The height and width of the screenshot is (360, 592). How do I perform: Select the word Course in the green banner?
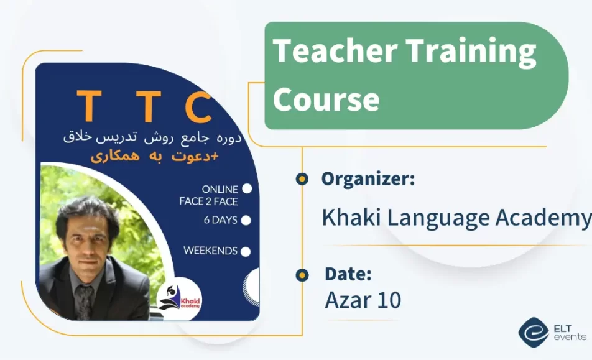pos(326,99)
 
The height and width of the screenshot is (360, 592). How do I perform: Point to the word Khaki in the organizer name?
pos(351,218)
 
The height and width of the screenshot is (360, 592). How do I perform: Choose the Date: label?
pos(348,274)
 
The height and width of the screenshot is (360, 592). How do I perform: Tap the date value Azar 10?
pos(363,300)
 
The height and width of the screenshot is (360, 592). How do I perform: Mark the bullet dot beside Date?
pos(302,274)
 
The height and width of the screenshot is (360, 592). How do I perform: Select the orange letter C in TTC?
pos(198,107)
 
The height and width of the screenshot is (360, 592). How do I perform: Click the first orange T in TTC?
pos(90,107)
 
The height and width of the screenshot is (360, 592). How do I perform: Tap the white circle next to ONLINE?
pos(247,188)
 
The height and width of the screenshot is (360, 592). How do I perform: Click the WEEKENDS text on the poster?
pos(210,251)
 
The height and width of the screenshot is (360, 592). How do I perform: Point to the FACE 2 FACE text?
pos(208,201)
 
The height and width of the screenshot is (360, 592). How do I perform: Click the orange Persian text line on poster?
pos(155,157)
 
